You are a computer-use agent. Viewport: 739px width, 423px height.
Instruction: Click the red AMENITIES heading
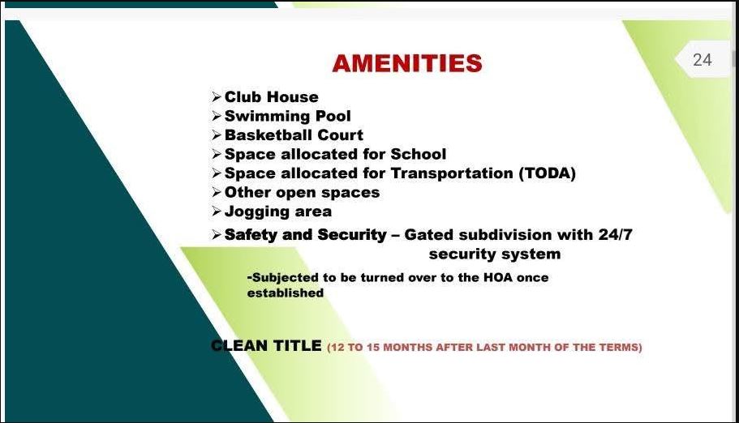click(x=407, y=63)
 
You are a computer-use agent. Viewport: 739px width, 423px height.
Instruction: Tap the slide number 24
click(x=702, y=60)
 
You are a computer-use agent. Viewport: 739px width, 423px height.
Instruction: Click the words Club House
click(x=272, y=96)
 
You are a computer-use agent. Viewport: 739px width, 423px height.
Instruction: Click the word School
click(x=418, y=154)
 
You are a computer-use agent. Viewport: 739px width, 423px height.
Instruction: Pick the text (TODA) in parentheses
click(x=548, y=173)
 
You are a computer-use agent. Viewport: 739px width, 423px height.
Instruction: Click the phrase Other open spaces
click(x=302, y=193)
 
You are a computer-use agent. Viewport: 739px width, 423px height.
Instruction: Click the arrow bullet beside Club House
click(x=217, y=97)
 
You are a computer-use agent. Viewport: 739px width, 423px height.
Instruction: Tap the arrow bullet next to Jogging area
click(x=217, y=211)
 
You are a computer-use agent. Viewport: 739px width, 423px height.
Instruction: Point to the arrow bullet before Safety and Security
click(x=217, y=234)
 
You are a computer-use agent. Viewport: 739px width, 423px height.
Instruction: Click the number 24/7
click(x=615, y=234)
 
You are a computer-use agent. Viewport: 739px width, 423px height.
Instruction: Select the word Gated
click(x=429, y=234)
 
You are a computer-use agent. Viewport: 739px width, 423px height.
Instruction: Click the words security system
click(x=495, y=254)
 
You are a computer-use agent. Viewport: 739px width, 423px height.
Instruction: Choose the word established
click(x=286, y=293)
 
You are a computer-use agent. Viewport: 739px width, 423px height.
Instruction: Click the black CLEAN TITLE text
click(x=266, y=346)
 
